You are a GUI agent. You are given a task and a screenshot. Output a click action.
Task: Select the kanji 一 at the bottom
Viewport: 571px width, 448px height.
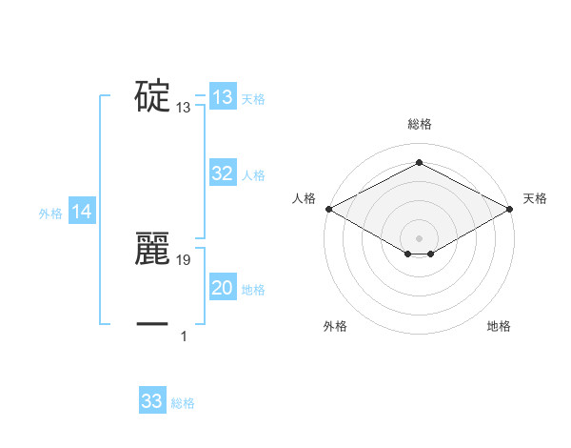click(x=152, y=324)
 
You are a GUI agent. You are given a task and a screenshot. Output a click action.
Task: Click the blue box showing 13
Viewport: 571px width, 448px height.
click(x=223, y=97)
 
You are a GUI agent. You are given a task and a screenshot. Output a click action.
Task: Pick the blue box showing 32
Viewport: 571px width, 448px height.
click(x=223, y=173)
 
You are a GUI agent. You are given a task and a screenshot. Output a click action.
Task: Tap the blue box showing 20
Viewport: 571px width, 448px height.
click(x=223, y=288)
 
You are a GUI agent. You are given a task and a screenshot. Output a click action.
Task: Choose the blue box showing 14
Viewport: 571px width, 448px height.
click(x=82, y=213)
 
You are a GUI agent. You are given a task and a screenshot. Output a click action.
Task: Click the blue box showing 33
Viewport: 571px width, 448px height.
click(x=152, y=401)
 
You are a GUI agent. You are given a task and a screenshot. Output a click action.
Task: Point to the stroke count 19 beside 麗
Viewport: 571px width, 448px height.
click(x=185, y=259)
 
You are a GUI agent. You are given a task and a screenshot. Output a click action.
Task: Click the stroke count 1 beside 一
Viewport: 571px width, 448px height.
click(x=184, y=336)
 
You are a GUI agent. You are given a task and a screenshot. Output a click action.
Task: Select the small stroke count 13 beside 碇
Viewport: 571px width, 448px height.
click(x=184, y=108)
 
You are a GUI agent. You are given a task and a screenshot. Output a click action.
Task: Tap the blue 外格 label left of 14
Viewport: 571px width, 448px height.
click(x=50, y=214)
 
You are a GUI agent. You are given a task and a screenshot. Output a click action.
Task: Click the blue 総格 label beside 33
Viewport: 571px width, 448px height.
click(x=183, y=403)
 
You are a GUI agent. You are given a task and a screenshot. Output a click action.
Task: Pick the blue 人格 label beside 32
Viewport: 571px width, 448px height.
click(x=253, y=175)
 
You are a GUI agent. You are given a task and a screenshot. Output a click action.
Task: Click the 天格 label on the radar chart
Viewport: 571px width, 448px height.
click(x=535, y=198)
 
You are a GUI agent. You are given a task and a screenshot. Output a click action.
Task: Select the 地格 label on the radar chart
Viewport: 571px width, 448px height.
click(x=499, y=327)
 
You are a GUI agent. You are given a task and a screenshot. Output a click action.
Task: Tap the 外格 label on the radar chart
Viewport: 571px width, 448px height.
click(x=335, y=327)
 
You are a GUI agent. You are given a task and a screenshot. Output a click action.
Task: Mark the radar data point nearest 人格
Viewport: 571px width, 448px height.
click(x=327, y=209)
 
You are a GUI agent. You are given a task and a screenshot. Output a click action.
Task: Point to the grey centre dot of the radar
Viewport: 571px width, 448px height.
click(x=419, y=237)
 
